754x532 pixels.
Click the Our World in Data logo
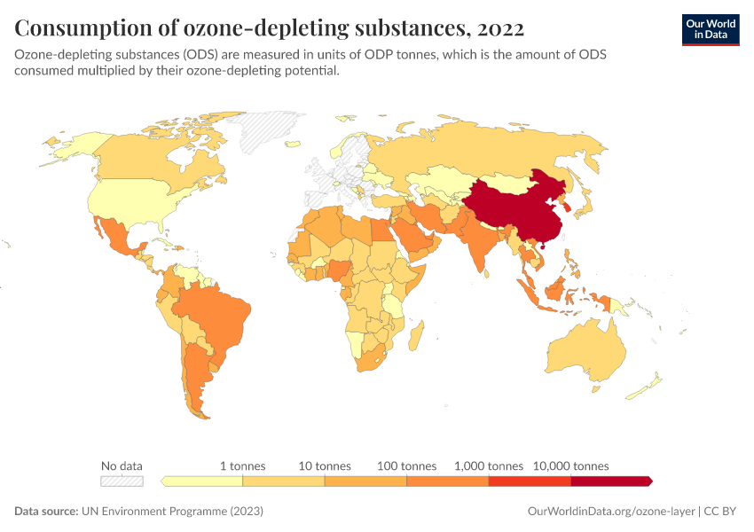[710, 28]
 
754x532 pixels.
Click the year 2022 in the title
[499, 28]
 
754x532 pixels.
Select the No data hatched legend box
[122, 481]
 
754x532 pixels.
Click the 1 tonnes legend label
[242, 465]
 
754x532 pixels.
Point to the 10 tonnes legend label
[325, 465]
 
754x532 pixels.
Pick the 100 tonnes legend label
[406, 465]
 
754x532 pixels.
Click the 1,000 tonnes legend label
[489, 465]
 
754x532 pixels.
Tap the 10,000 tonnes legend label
[570, 465]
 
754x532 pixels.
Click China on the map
[514, 208]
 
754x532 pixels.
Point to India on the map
[478, 244]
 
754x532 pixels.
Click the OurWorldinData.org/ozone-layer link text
[610, 512]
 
